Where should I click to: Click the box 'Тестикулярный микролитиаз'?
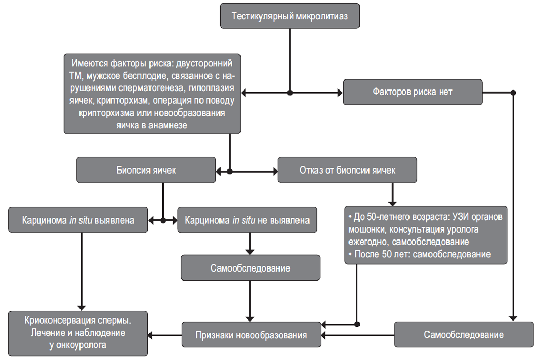pyautogui.click(x=290, y=16)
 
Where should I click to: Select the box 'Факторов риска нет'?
pyautogui.click(x=412, y=92)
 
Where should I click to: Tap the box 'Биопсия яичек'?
pyautogui.click(x=146, y=170)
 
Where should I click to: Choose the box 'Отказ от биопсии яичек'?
pyautogui.click(x=347, y=170)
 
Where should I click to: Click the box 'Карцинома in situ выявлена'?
pyautogui.click(x=78, y=220)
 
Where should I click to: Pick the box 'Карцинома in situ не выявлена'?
pyautogui.click(x=247, y=220)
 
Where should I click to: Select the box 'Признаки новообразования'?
pyautogui.click(x=251, y=335)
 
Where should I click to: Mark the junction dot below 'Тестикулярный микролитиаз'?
pyautogui.click(x=290, y=93)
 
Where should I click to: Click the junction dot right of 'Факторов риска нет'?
pyautogui.click(x=513, y=93)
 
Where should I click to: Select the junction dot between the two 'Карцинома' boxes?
pyautogui.click(x=163, y=220)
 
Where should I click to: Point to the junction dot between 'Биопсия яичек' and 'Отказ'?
pyautogui.click(x=229, y=171)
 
